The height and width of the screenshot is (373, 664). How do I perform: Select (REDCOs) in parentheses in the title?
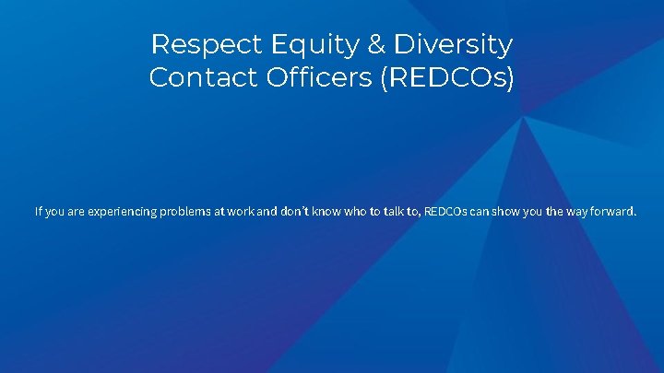pos(445,77)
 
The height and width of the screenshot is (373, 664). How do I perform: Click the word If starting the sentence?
pos(39,212)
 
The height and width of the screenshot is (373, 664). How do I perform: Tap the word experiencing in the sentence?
pos(123,212)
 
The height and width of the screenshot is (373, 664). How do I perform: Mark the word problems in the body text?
pos(188,212)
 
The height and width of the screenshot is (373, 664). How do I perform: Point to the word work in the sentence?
pos(241,212)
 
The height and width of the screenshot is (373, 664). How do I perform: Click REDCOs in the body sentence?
pos(445,212)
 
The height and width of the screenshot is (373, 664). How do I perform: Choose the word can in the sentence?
pos(480,212)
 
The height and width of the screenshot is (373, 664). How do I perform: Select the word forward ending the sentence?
pos(617,212)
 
